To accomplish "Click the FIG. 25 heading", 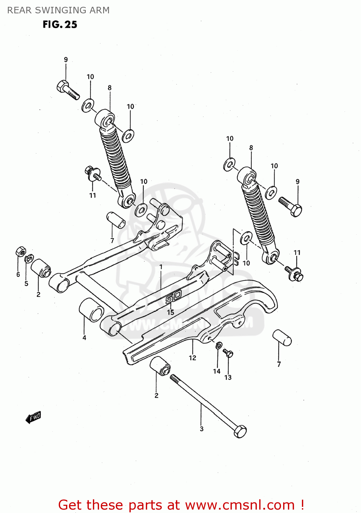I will point(60,25).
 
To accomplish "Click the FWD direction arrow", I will point(33,417).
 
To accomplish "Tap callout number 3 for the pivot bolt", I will point(202,429).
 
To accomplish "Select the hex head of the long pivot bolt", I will point(240,431).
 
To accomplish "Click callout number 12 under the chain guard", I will point(193,358).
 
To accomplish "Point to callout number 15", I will point(170,312).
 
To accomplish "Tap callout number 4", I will point(84,338).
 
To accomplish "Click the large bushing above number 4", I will point(92,310).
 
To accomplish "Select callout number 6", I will point(18,274).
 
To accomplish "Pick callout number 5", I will point(26,284).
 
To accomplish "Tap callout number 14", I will point(217,371).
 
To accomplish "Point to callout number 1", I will point(161,267).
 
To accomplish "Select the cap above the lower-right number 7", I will point(282,338).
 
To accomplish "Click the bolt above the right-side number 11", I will point(294,274).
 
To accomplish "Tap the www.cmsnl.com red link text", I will point(240,505).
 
